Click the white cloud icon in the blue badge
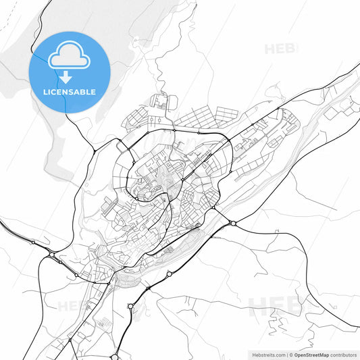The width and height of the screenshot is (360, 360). click(69, 56)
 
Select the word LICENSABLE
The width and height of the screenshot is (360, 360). click(69, 92)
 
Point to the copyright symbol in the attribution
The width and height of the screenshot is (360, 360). click(291, 354)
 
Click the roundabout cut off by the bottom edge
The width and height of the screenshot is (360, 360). click(115, 357)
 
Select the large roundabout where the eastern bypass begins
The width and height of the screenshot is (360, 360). click(232, 222)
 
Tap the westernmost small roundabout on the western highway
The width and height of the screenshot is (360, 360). click(32, 242)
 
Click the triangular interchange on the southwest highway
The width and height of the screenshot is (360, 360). click(53, 255)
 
